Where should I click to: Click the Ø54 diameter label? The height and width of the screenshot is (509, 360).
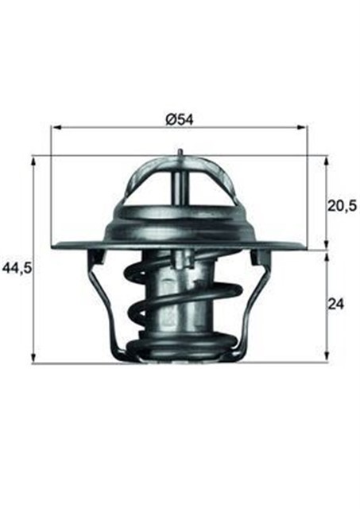click(180, 119)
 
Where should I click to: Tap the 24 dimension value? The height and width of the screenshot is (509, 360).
click(337, 304)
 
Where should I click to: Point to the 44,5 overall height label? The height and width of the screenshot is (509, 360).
click(16, 268)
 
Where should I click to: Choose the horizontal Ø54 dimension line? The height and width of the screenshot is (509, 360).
click(119, 126)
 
